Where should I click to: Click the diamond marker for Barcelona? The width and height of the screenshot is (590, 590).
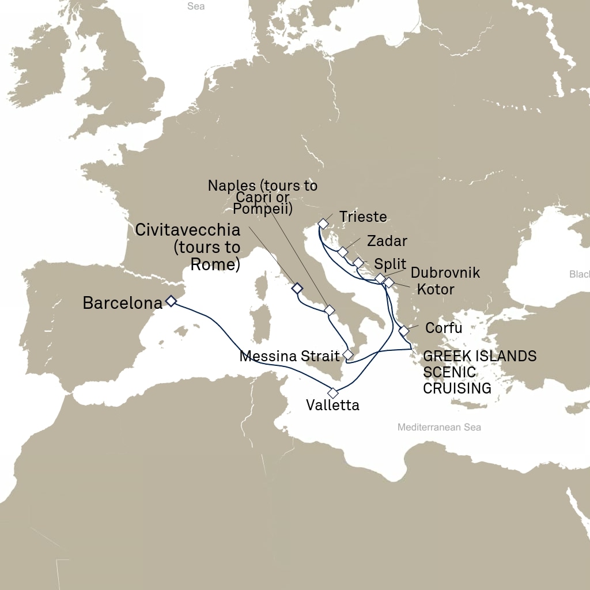(171, 300)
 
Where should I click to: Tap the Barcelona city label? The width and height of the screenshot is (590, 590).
(122, 303)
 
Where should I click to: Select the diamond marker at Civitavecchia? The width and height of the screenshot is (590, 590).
(297, 288)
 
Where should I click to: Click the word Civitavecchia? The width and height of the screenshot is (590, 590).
(187, 230)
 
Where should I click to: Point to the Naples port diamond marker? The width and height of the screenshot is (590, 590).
(330, 310)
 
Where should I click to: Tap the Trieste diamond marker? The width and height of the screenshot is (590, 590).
(323, 223)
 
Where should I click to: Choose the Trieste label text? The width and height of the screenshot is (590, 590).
(362, 217)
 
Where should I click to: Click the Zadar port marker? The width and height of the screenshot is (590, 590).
(343, 252)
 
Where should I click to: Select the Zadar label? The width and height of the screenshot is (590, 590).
(387, 241)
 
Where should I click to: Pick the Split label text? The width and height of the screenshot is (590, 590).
(390, 264)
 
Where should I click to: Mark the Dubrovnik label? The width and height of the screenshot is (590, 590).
(445, 273)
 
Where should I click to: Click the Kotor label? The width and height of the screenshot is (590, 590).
(436, 289)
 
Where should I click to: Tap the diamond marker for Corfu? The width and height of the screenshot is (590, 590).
(404, 331)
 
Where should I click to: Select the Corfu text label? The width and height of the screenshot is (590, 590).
(444, 328)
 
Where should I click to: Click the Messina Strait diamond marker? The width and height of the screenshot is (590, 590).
(347, 354)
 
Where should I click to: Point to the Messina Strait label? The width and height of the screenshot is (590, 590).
(289, 357)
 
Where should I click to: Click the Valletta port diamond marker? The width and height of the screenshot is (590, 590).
(332, 393)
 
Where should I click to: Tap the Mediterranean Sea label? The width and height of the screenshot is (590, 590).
(438, 428)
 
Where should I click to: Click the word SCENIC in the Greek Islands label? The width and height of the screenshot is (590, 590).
(449, 372)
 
